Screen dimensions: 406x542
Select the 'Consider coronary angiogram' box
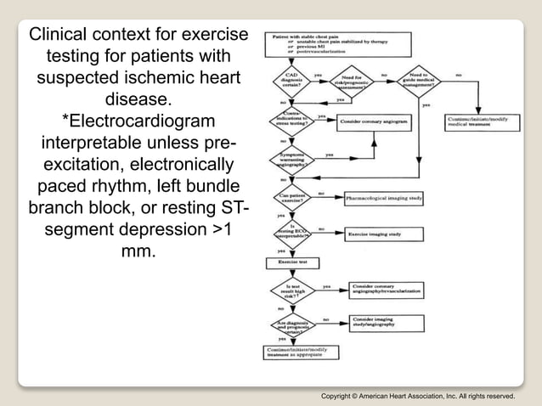click(x=374, y=121)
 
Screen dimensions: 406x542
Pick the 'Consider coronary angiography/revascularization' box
click(x=379, y=290)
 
